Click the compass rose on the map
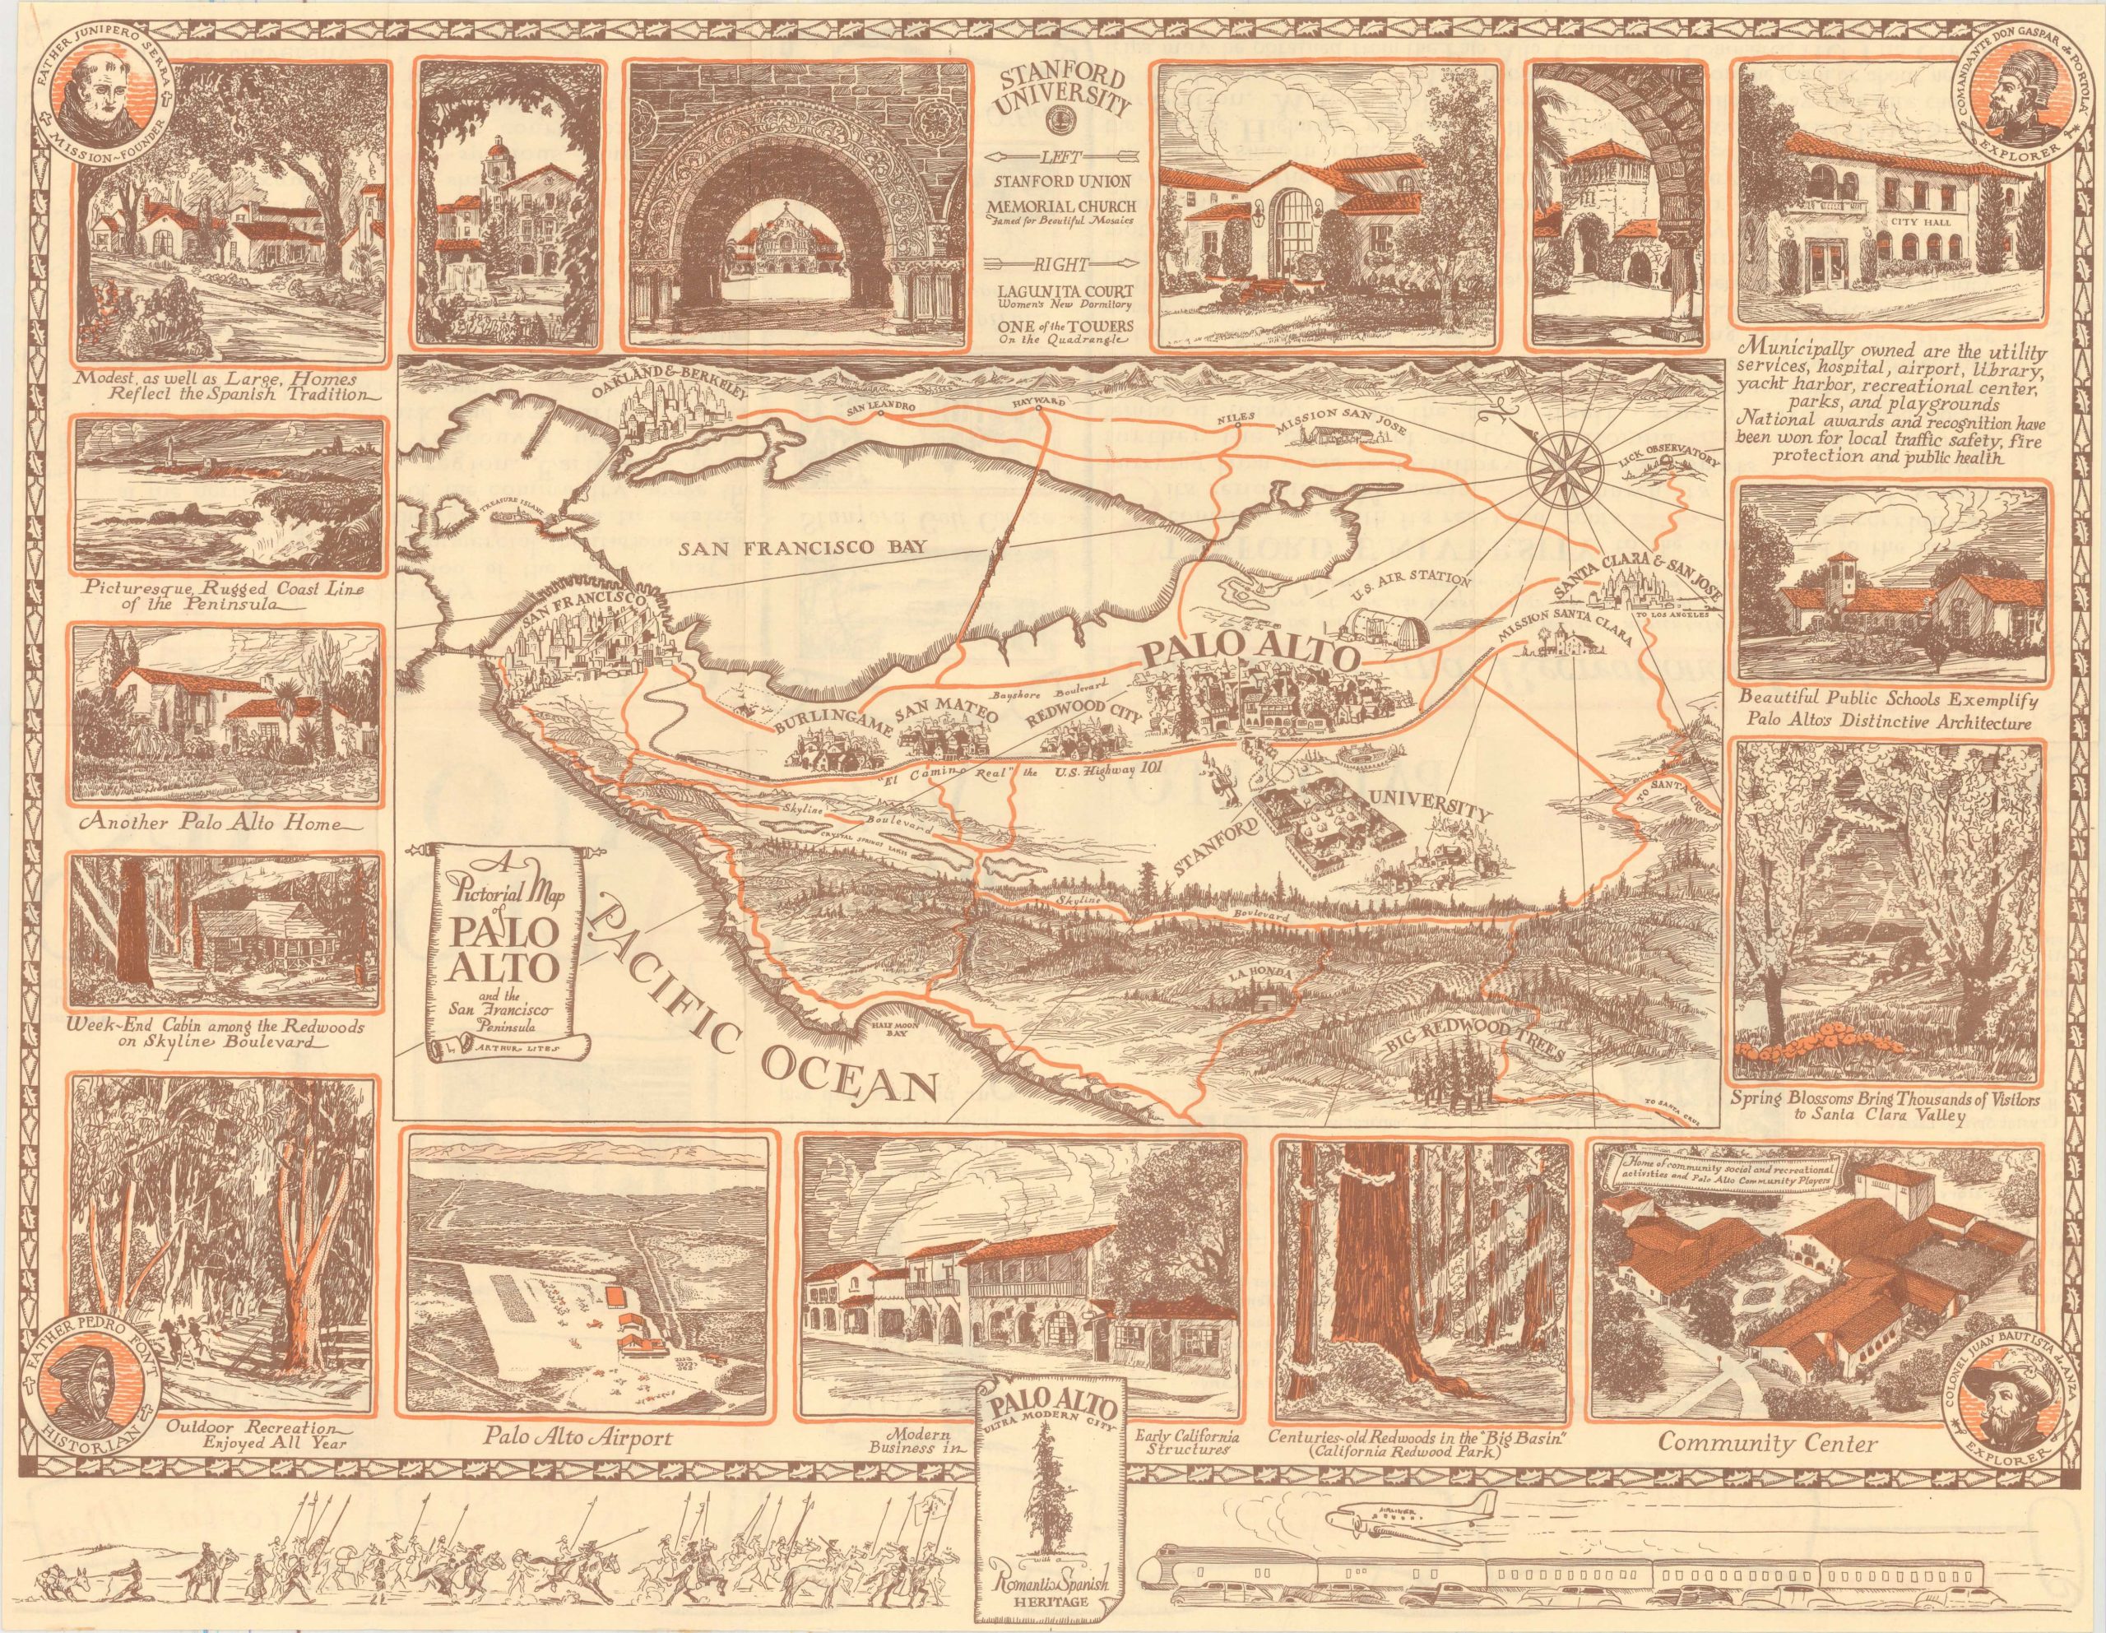(x=1563, y=471)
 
